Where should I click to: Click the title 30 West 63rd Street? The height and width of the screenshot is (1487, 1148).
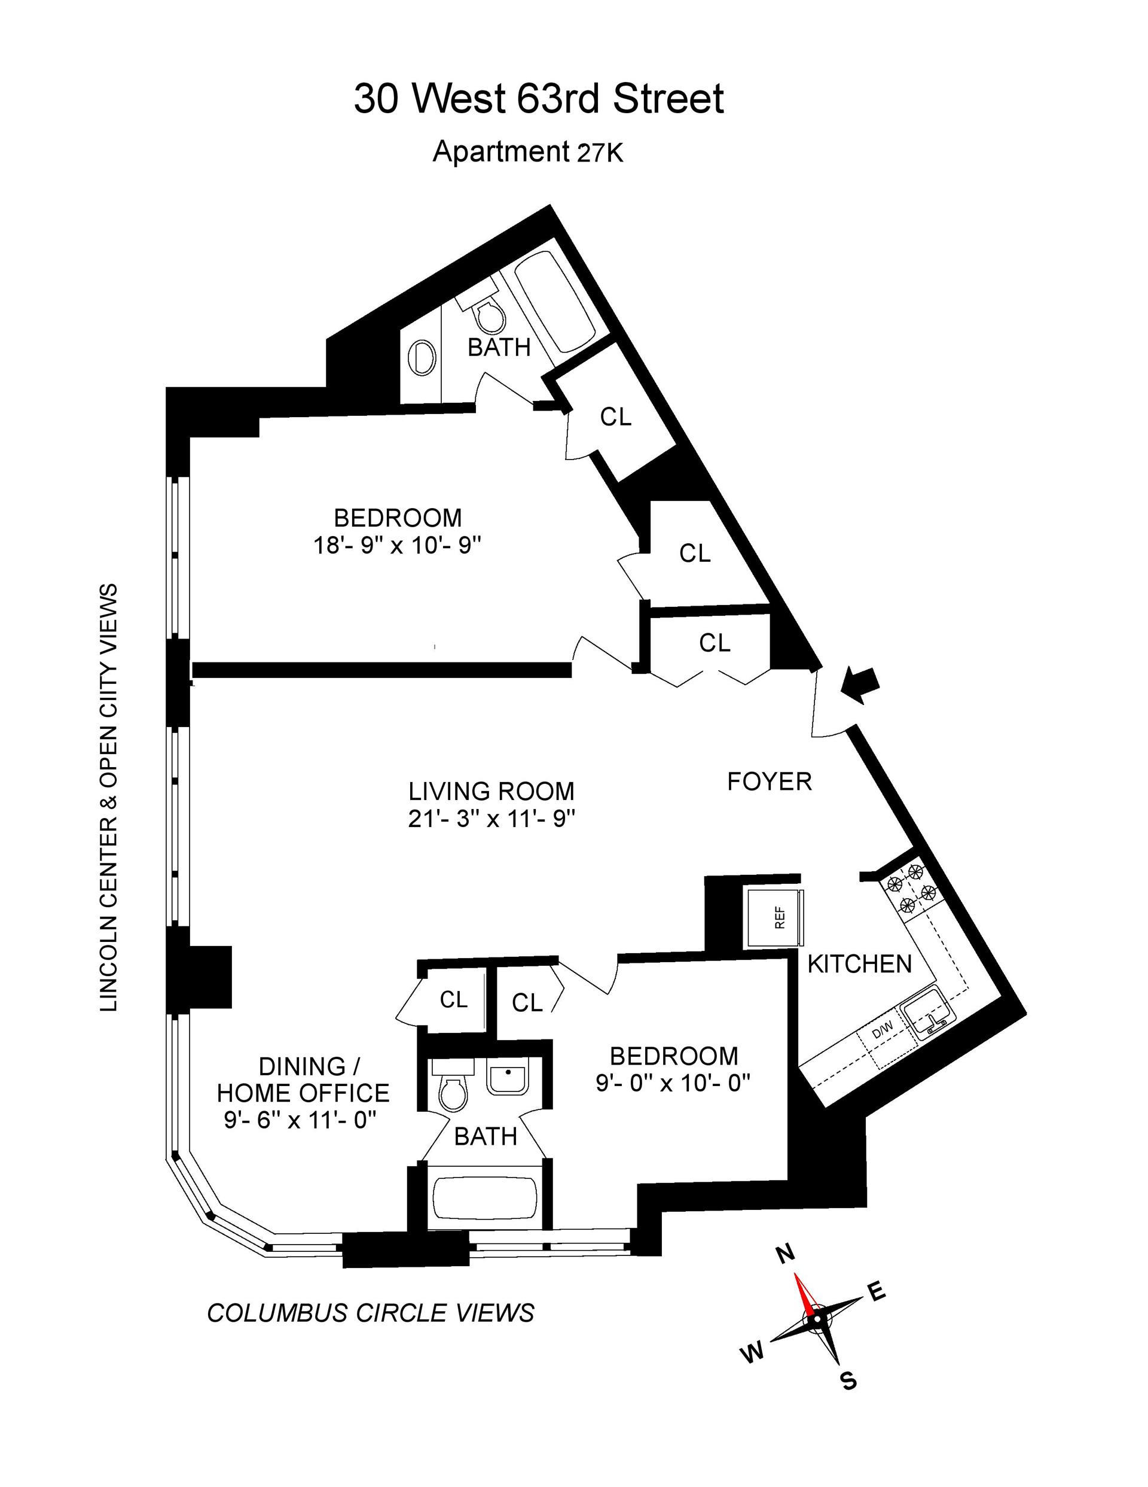[x=538, y=99]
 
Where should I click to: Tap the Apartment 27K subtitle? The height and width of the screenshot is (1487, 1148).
[x=527, y=152]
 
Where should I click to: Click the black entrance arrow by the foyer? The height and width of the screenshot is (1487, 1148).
[x=860, y=683]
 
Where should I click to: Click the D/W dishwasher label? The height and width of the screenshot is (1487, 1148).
[x=882, y=1032]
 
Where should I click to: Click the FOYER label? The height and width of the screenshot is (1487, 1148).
[x=769, y=781]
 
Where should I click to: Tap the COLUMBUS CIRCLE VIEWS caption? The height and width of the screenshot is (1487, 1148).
[x=371, y=1313]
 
